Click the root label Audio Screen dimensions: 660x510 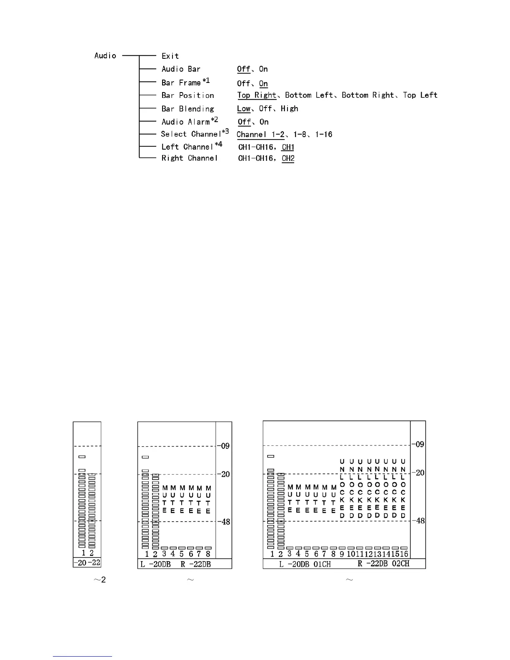pyautogui.click(x=105, y=56)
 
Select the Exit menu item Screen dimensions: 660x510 pyautogui.click(x=170, y=56)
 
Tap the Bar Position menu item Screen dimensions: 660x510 pyautogui.click(x=187, y=95)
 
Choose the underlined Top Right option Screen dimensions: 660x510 pyautogui.click(x=257, y=95)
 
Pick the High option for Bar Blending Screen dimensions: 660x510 pyautogui.click(x=289, y=109)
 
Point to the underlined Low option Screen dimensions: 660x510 pyautogui.click(x=244, y=109)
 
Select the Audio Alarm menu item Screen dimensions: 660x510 pyautogui.click(x=186, y=122)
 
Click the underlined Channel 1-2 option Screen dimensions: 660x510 pyautogui.click(x=260, y=135)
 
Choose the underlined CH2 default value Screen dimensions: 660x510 pyautogui.click(x=288, y=158)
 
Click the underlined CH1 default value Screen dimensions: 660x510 pyautogui.click(x=288, y=147)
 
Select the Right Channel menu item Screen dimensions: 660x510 pyautogui.click(x=190, y=158)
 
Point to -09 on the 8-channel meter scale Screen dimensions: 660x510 pyautogui.click(x=225, y=446)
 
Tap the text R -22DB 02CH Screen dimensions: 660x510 pyautogui.click(x=383, y=564)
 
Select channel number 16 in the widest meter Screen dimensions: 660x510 pyautogui.click(x=403, y=554)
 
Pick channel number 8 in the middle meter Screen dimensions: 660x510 pyautogui.click(x=208, y=554)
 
